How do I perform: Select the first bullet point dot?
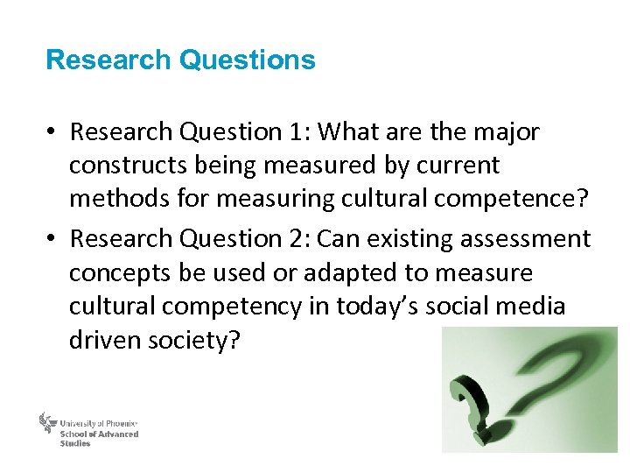point(52,132)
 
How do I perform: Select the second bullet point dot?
point(52,239)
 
